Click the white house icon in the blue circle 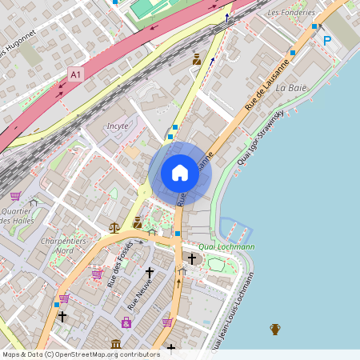180,173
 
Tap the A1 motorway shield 76,74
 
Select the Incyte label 118,126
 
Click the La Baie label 291,87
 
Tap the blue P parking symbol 326,40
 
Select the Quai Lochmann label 226,246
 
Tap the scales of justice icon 114,227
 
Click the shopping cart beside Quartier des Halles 15,195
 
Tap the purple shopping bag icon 126,322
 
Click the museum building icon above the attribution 117,344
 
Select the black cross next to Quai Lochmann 191,258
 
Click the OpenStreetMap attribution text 80,354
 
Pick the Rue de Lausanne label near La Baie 266,89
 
